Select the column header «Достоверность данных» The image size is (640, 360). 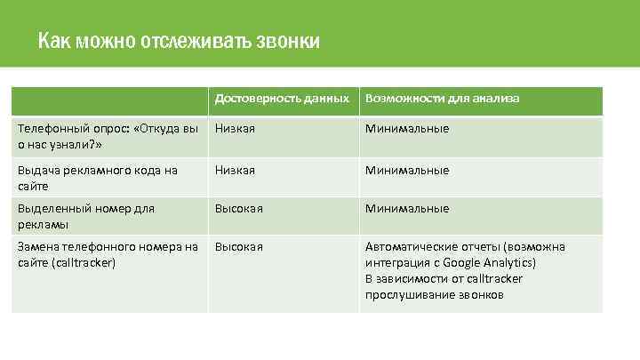282,99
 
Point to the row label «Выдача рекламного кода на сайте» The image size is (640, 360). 98,178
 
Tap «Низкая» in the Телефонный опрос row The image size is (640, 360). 235,129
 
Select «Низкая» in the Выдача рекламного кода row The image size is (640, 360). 235,170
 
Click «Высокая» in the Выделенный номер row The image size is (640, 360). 238,209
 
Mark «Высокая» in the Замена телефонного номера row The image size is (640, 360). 238,246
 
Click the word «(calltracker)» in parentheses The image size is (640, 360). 84,262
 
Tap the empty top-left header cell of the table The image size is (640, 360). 109,100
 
